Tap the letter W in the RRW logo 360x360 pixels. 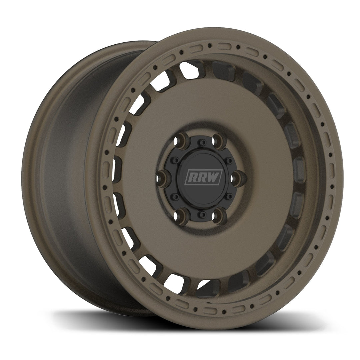coord(214,177)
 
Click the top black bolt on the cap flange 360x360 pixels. coord(201,143)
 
